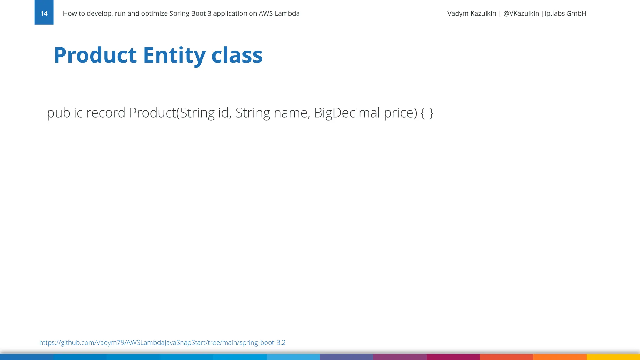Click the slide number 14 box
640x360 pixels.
coord(44,13)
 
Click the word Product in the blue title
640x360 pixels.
coord(95,55)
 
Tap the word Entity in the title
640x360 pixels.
coord(174,55)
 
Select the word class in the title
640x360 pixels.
coord(237,55)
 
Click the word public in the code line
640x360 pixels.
coord(65,113)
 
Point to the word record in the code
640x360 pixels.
coord(106,113)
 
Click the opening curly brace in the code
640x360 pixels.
coord(423,113)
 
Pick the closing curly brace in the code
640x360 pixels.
coord(431,113)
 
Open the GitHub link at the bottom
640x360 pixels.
coord(162,342)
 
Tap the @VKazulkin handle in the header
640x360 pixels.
coord(521,13)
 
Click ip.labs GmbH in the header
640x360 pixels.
coord(565,13)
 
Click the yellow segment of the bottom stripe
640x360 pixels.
coord(613,357)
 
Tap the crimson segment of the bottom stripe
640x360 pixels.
coord(453,357)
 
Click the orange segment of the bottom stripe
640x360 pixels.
coord(560,357)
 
